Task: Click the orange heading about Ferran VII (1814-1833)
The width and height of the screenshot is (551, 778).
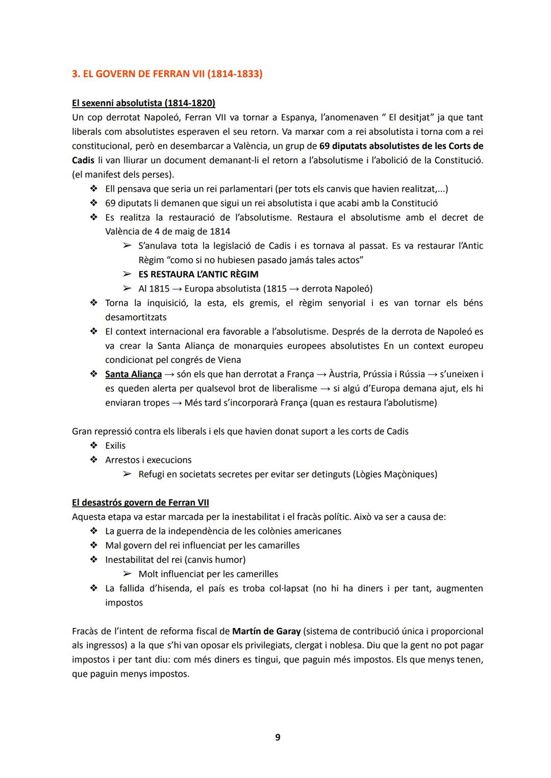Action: pyautogui.click(x=167, y=74)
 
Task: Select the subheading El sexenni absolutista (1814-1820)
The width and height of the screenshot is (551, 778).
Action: pyautogui.click(x=143, y=103)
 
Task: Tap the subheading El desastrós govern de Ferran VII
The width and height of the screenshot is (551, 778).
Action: pyautogui.click(x=140, y=503)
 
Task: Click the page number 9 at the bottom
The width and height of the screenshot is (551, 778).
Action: pyautogui.click(x=278, y=737)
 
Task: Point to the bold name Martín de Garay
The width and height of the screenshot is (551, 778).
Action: pyautogui.click(x=266, y=631)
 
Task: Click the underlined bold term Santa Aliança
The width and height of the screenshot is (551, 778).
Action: pyautogui.click(x=133, y=374)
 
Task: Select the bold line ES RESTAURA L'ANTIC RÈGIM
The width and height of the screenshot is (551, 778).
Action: pyautogui.click(x=198, y=274)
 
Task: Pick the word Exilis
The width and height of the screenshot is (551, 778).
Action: pyautogui.click(x=115, y=445)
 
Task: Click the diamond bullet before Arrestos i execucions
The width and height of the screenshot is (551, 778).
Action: pyautogui.click(x=93, y=460)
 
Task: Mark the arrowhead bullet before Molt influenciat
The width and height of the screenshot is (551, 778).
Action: pyautogui.click(x=127, y=574)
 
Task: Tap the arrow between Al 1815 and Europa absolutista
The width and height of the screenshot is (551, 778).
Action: pyautogui.click(x=177, y=289)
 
